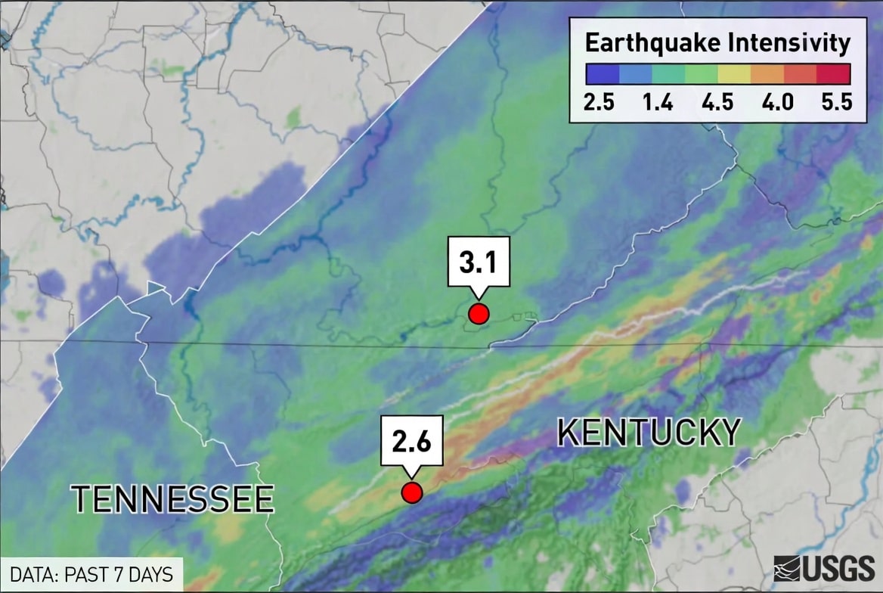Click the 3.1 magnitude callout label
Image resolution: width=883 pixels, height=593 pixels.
click(x=478, y=262)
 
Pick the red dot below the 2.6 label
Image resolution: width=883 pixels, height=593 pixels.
click(x=411, y=493)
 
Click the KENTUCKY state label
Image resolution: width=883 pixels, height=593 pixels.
click(x=649, y=433)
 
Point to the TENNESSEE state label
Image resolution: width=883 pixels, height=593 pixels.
click(x=172, y=499)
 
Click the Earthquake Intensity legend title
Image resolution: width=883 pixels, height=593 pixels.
click(x=717, y=43)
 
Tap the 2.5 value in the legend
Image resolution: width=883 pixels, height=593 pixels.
click(x=599, y=102)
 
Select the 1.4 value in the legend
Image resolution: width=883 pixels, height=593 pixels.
click(x=658, y=102)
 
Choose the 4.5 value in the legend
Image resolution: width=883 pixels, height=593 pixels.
click(x=717, y=102)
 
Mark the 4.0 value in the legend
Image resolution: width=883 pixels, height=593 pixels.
click(x=777, y=102)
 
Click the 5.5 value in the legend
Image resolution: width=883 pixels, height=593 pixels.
click(x=836, y=102)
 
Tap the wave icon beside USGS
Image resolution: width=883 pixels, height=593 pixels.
click(x=787, y=568)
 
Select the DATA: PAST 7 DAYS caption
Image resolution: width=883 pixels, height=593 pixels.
click(x=91, y=575)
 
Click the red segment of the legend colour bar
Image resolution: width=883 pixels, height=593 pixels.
click(x=835, y=73)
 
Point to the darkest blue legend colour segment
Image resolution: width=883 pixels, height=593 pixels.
click(x=602, y=73)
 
